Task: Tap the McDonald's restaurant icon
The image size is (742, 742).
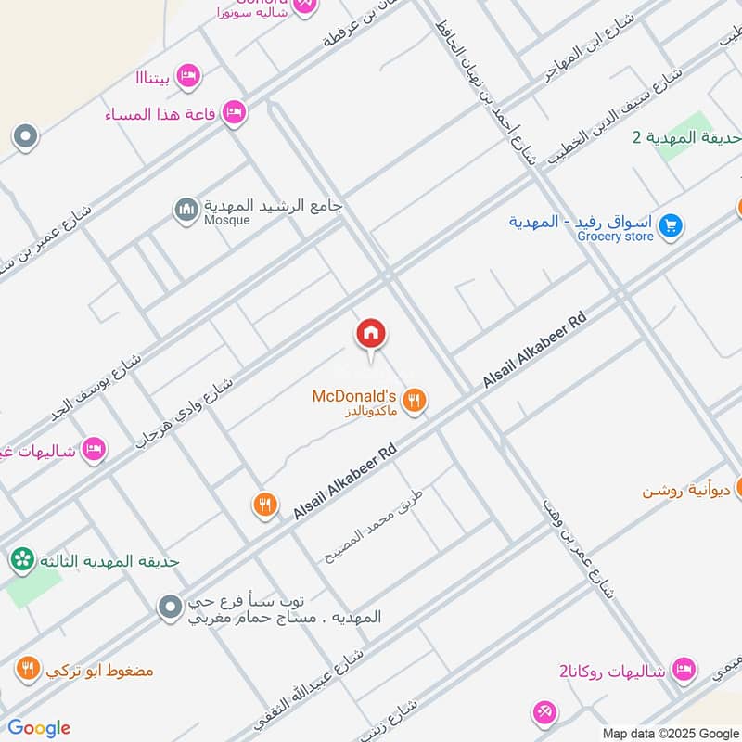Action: pos(416,401)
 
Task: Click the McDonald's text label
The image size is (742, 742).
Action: pos(354,396)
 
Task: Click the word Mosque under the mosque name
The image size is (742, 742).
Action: pos(227,221)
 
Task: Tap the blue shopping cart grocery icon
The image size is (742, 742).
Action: pos(672,224)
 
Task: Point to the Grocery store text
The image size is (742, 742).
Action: pos(615,237)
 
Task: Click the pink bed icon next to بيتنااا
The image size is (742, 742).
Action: pos(188,75)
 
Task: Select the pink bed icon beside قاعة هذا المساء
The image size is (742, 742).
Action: pos(235,112)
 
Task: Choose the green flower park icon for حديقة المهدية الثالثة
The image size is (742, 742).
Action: pos(22,560)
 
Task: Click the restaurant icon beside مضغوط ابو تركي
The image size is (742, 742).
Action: pos(28,669)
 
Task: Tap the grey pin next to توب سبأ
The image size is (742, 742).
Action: pos(169,608)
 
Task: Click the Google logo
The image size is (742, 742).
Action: pos(39,728)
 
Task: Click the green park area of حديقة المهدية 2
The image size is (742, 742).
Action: pos(685,137)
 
